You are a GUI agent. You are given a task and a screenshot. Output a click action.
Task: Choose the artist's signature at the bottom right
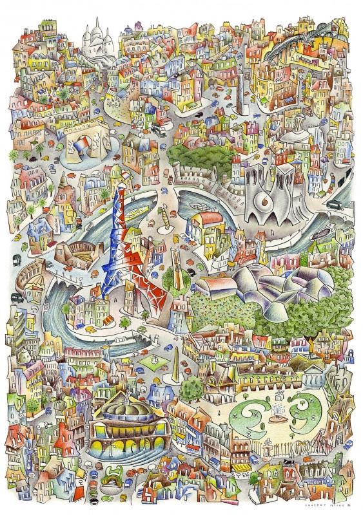coord(326,506)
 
